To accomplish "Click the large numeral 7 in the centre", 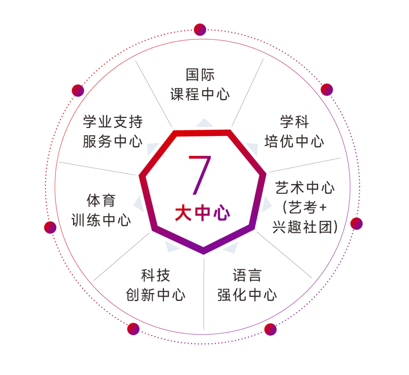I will pos(201,175).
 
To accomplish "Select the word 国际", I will pos(200,75).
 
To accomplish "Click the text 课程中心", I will pos(200,94).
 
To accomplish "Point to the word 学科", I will pos(295,122).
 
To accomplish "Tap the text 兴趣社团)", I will pos(305,227).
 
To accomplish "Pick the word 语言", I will pos(247,275).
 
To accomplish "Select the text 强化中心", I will pos(247,295).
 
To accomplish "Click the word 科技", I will pos(155,275).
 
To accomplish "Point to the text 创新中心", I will pos(155,295).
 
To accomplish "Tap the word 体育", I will pos(101,201).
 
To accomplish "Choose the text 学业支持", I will pos(112,122).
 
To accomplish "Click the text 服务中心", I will pos(112,142).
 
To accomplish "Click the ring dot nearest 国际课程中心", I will pos(200,30).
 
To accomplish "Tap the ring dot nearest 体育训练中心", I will pos(50,227).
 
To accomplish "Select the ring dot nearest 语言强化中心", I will pos(270,329).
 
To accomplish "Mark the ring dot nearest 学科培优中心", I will pos(327,90).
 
